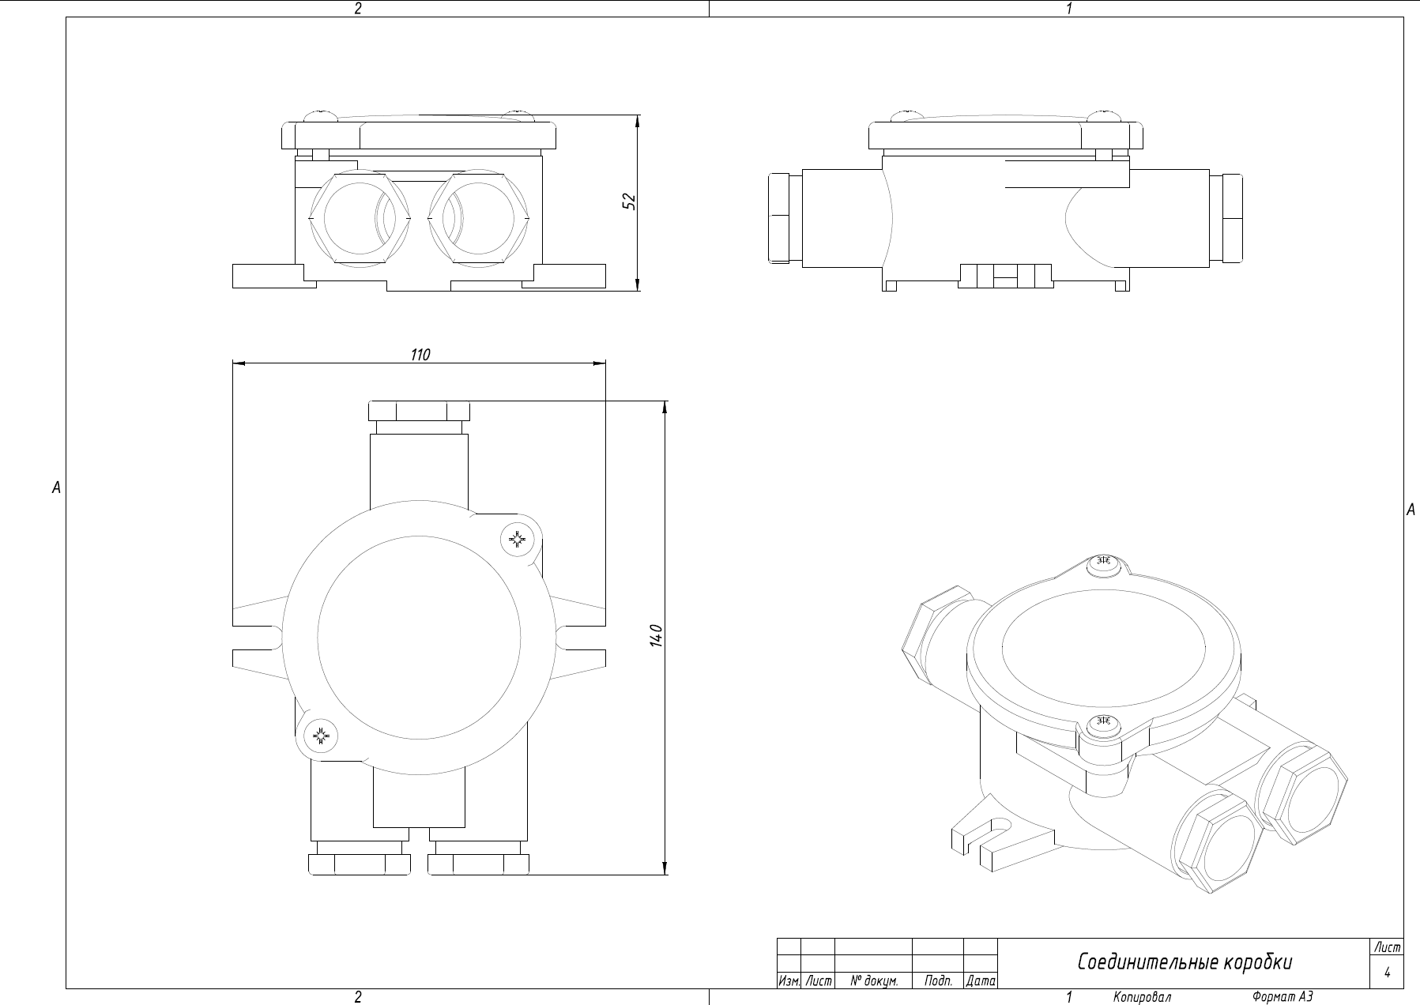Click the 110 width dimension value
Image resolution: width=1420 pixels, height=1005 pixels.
(x=420, y=355)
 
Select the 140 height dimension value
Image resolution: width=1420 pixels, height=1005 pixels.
(x=654, y=636)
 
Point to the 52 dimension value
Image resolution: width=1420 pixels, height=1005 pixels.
(x=629, y=201)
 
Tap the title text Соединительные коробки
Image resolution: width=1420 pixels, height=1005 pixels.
(x=1185, y=962)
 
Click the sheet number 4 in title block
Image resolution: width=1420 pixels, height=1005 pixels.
(x=1387, y=973)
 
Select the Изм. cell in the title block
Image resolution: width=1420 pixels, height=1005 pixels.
(x=789, y=981)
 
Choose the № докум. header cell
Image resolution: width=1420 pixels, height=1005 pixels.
(x=873, y=981)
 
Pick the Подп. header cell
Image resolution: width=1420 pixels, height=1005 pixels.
(x=937, y=981)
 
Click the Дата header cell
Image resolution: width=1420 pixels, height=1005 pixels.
(x=981, y=981)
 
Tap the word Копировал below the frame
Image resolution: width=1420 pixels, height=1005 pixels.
(x=1142, y=997)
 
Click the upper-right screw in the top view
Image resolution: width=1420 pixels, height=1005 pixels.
(x=518, y=540)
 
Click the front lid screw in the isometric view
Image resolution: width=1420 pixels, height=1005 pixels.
(x=1104, y=722)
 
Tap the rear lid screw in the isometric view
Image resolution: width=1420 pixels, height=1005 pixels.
(x=1104, y=563)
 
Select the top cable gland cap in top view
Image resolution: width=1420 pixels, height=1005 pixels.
(x=419, y=412)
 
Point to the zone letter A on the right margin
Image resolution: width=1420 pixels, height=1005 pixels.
(x=1411, y=510)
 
